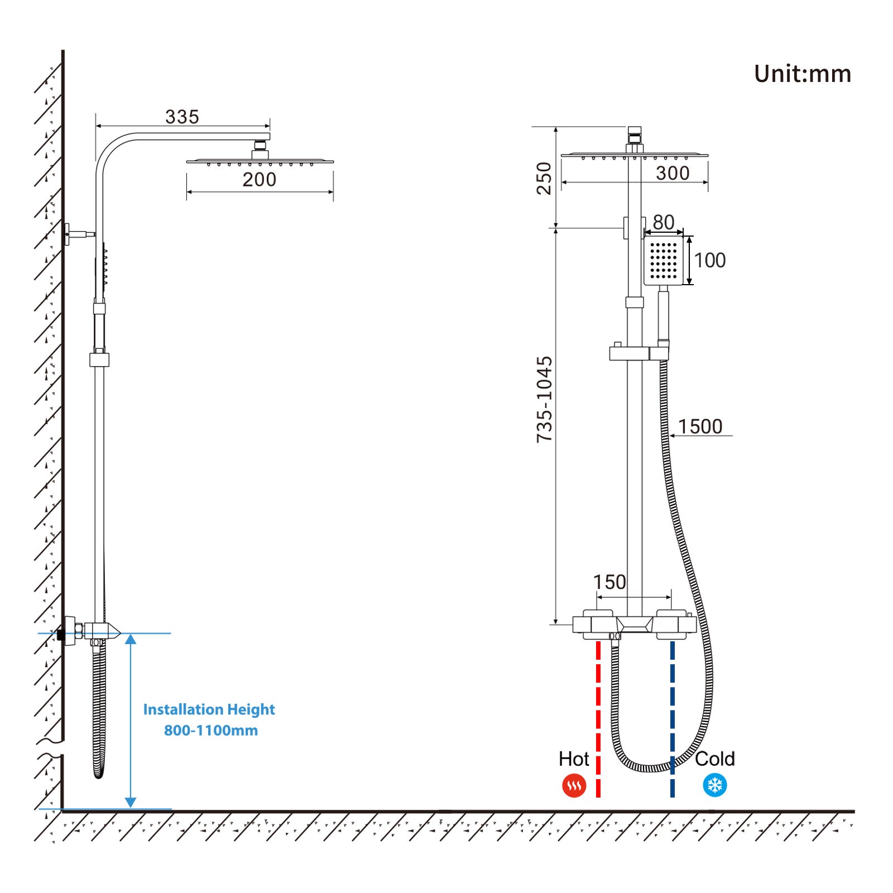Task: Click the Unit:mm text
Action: pos(802,74)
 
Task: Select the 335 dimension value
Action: pos(182,117)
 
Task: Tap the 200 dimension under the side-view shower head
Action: pos(259,180)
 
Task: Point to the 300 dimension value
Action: pos(673,173)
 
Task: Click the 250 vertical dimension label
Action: pos(544,178)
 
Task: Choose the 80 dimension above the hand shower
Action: pos(664,222)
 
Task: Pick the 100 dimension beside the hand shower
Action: pos(710,260)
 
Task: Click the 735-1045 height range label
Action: pos(544,400)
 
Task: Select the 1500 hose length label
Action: pos(700,426)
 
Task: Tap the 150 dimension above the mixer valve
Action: pos(609,582)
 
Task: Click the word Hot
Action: pos(574,759)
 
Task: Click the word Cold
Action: pos(715,759)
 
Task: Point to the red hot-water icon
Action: pos(574,786)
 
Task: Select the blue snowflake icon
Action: pos(715,785)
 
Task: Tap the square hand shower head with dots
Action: pos(664,261)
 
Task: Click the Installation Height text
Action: pos(209,709)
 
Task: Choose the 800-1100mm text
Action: pos(211,730)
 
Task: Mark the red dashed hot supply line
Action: pos(598,719)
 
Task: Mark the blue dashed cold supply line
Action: pos(673,719)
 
